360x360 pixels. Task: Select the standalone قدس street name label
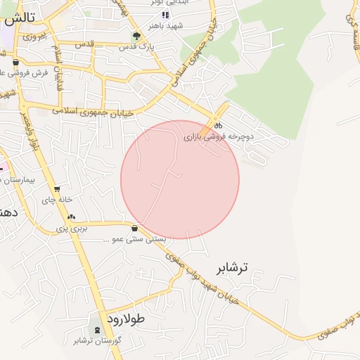coord(84,44)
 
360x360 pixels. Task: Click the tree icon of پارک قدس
coord(136,35)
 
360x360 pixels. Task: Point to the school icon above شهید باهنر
coord(165,15)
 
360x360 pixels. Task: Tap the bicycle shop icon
coord(218,125)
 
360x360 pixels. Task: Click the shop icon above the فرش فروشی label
coord(15,62)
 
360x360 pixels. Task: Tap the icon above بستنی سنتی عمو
coord(134,228)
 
